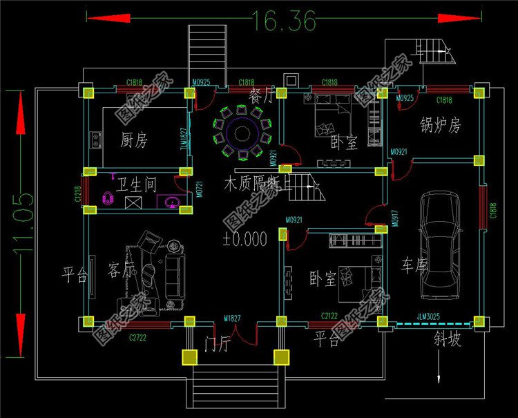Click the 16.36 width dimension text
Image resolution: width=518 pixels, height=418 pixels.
coord(284,20)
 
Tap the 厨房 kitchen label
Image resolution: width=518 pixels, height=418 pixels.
coord(134,141)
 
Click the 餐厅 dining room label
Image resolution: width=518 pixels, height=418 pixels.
coord(262,95)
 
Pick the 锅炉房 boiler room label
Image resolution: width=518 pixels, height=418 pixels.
coord(440,126)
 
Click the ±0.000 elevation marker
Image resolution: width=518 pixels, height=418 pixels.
coord(244,240)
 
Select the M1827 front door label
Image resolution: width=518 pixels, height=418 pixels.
coord(232,318)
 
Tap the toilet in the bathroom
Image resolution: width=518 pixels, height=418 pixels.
coord(107,198)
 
